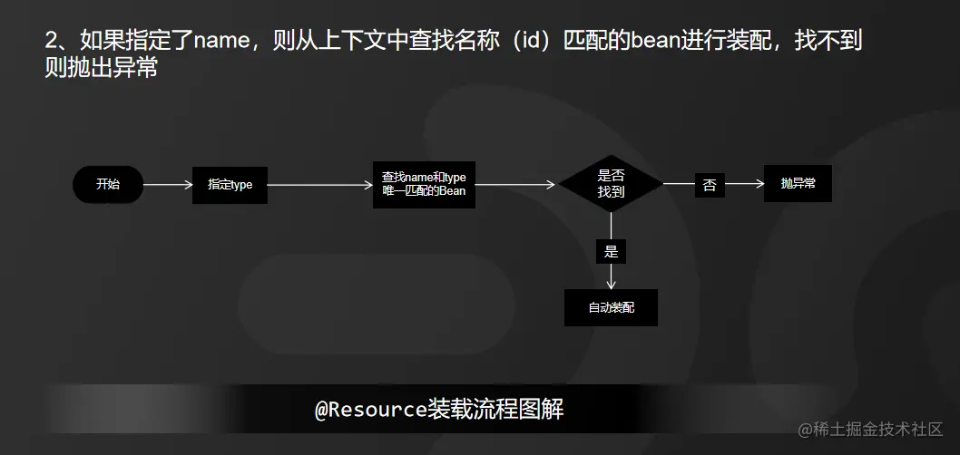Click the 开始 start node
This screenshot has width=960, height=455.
point(108,185)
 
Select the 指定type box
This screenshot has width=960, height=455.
point(230,185)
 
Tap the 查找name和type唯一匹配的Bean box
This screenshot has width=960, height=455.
point(424,185)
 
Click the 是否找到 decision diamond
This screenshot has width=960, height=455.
point(611,184)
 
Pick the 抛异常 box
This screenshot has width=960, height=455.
point(798,184)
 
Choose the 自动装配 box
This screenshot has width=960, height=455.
point(611,308)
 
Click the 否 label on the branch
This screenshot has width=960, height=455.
point(710,186)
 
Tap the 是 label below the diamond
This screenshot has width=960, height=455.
point(611,251)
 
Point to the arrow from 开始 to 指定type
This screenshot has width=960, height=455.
point(168,185)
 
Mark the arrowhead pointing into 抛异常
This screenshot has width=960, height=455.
point(759,185)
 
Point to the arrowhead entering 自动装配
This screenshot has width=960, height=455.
point(611,285)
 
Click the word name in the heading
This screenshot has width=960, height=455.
point(220,42)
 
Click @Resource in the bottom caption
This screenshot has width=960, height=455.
point(370,411)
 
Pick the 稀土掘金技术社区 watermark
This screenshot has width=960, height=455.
point(871,429)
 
